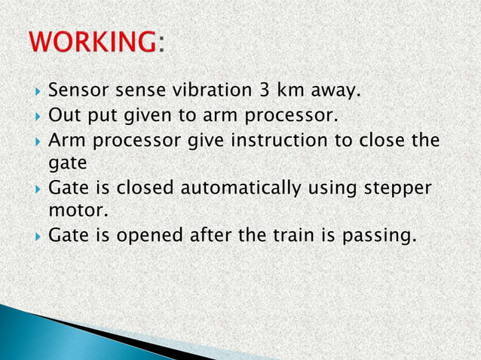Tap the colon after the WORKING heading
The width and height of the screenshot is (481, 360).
[x=160, y=47]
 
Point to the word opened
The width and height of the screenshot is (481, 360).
[x=148, y=236]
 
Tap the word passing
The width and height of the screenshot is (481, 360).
[x=377, y=236]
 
